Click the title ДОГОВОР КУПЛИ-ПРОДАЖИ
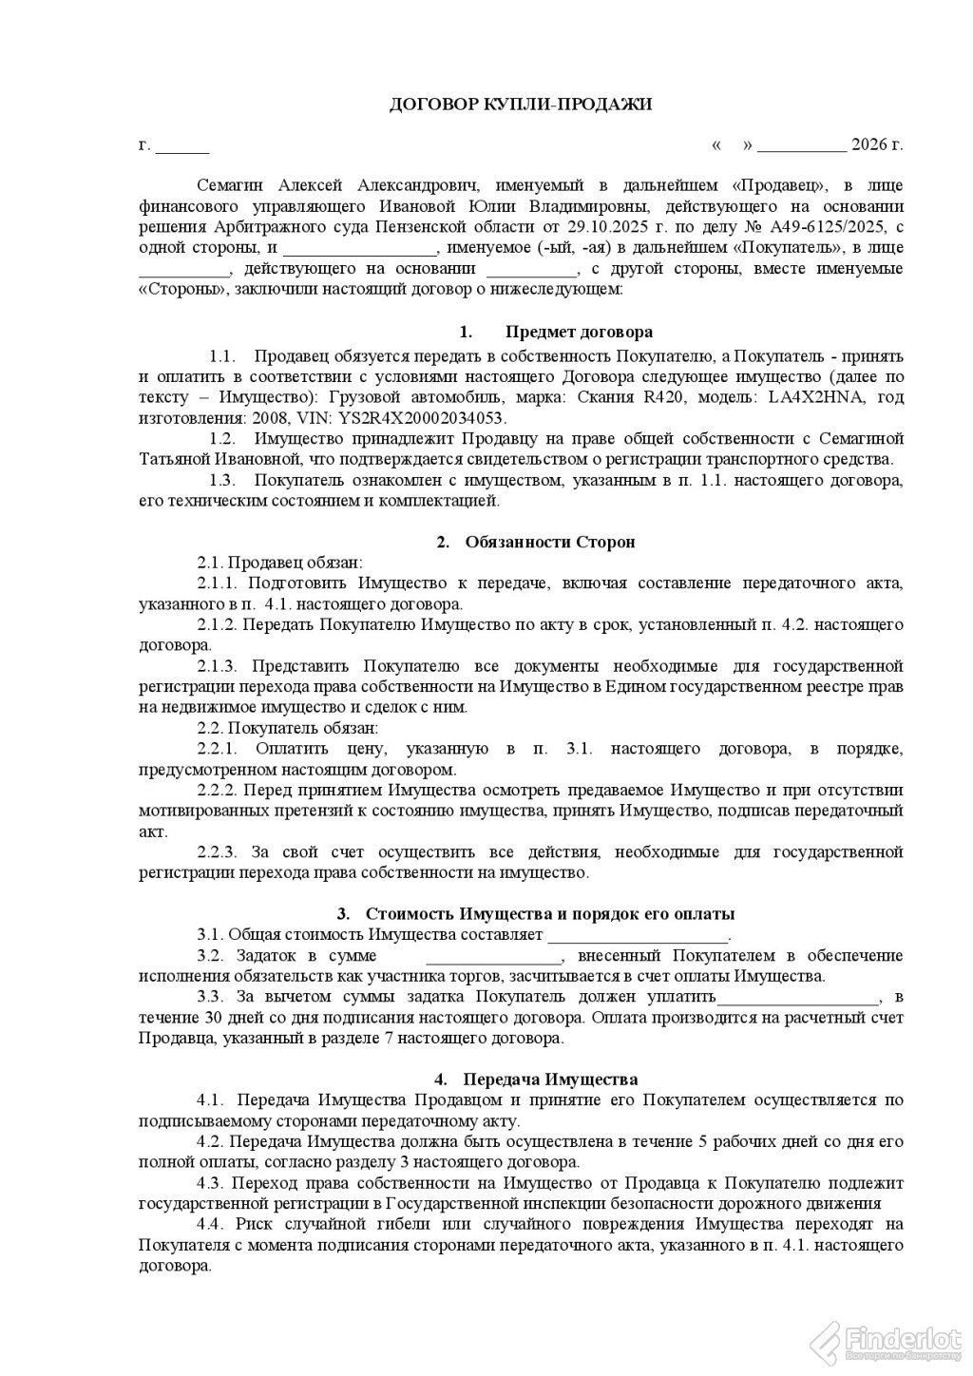522,105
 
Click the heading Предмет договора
579,333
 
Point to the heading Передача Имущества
550,1080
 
